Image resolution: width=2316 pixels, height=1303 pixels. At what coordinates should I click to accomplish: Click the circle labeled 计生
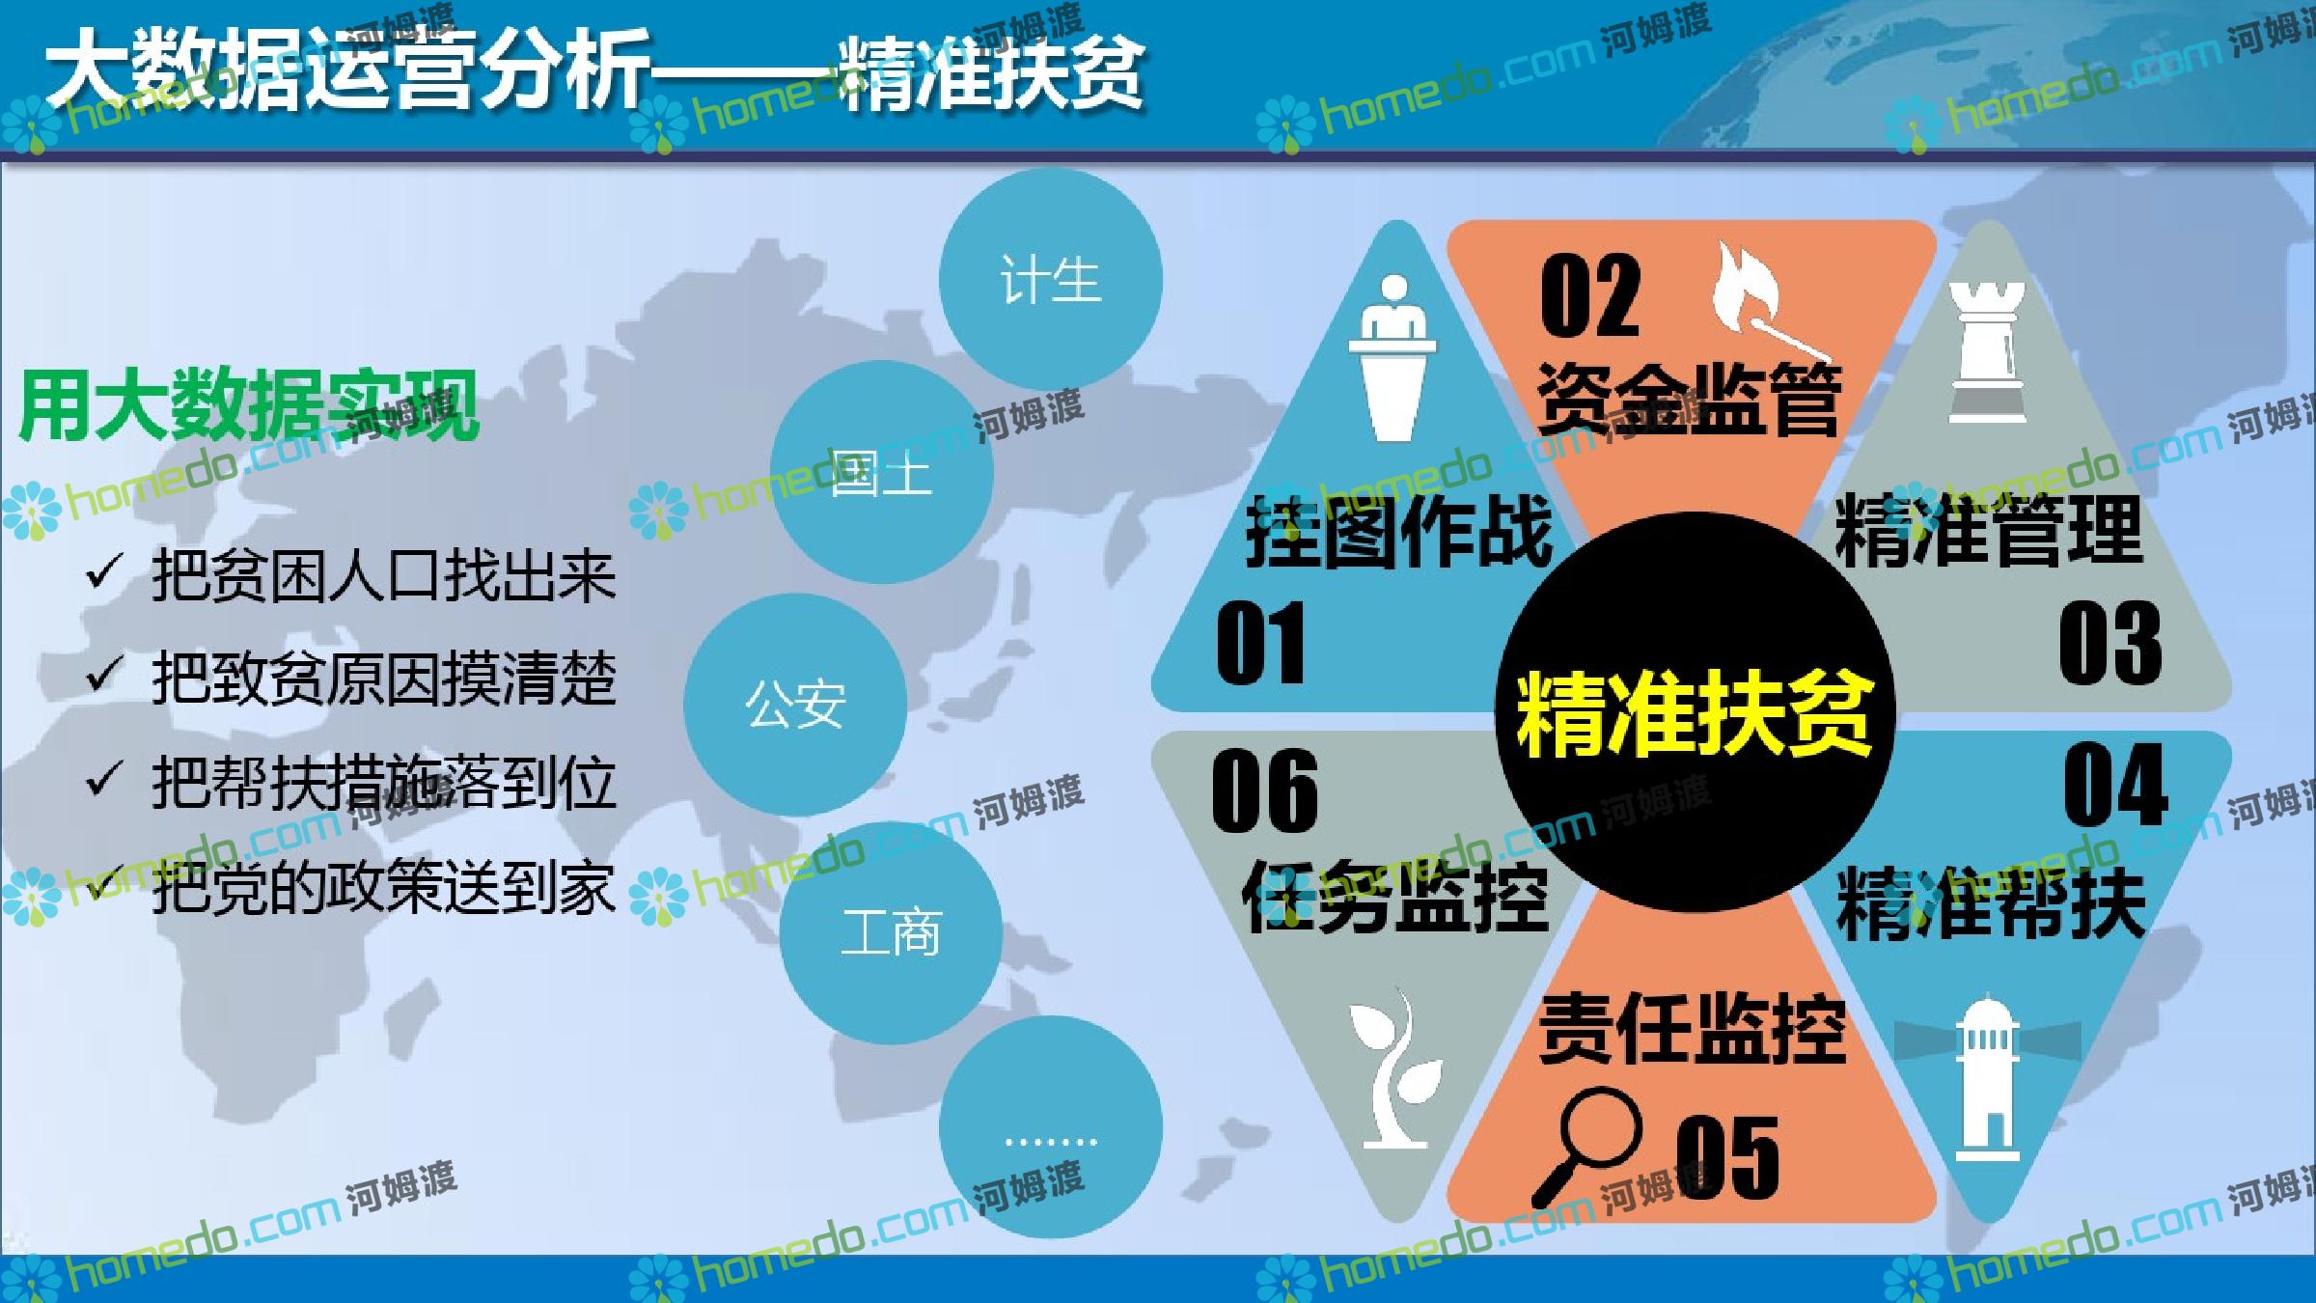coord(1050,280)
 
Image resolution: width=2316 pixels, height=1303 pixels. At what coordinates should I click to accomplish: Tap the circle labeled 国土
coord(881,472)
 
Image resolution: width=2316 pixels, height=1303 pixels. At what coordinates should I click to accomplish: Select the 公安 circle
coord(795,705)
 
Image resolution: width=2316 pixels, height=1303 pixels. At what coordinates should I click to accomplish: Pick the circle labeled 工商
coord(891,933)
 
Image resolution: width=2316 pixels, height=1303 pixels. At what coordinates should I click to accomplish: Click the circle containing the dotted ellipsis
coord(1050,1126)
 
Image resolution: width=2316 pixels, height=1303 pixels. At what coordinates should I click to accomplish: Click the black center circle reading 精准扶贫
coord(1695,712)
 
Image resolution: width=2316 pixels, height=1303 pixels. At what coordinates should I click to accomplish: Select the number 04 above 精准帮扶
coord(2115,784)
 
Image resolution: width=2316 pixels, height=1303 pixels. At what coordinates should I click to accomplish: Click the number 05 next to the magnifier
coord(1727,1156)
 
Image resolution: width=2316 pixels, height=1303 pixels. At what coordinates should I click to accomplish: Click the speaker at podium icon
coord(1393,358)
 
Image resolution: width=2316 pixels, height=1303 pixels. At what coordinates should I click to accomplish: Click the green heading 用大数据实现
coord(249,404)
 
